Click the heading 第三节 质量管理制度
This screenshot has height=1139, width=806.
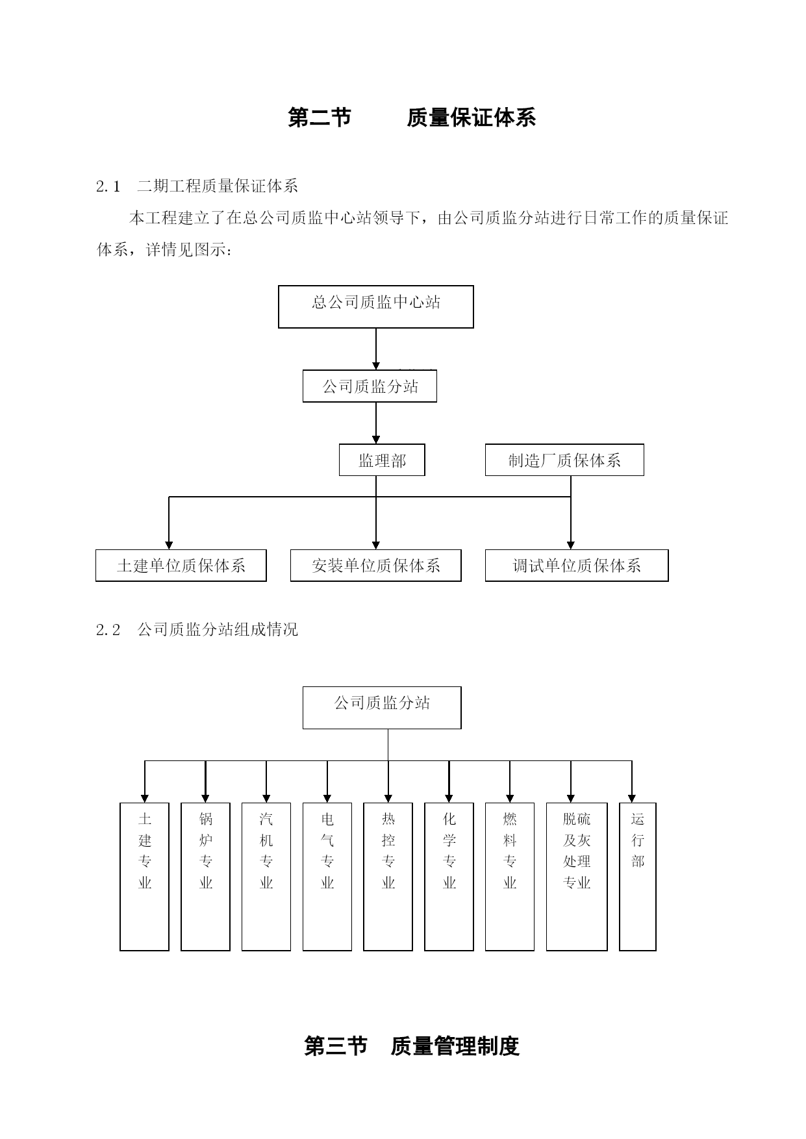click(x=412, y=1046)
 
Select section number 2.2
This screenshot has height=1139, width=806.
click(x=108, y=630)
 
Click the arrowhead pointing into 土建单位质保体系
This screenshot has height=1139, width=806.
click(x=169, y=545)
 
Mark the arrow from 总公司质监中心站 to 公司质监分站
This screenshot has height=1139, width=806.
click(x=376, y=349)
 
